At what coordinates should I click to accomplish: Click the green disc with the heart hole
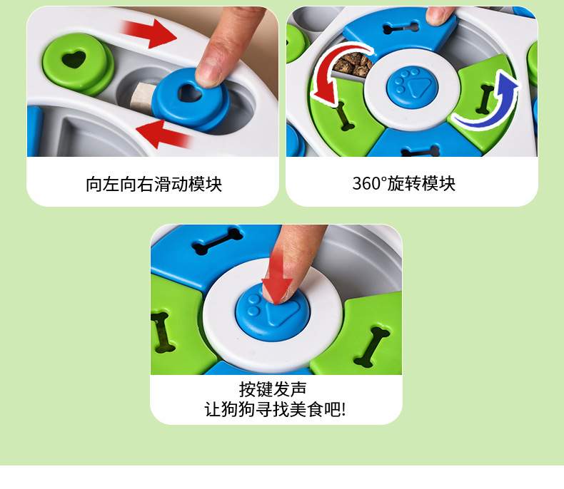(x=77, y=65)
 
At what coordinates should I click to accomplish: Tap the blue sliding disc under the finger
(x=191, y=99)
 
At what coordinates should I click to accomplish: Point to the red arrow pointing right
(x=149, y=33)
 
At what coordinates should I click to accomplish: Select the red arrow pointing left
(x=163, y=133)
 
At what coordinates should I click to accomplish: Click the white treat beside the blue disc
(x=143, y=96)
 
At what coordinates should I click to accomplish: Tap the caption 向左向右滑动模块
(x=153, y=184)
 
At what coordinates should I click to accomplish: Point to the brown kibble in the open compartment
(x=353, y=65)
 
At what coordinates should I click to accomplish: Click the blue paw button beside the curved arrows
(x=412, y=87)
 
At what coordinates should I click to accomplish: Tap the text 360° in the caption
(x=369, y=183)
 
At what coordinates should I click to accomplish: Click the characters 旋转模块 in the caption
(x=421, y=183)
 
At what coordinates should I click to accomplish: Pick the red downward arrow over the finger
(x=276, y=277)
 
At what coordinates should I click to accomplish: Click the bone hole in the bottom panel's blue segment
(x=218, y=241)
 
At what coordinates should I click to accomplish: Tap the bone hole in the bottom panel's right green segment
(x=372, y=346)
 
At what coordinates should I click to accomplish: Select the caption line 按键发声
(x=273, y=389)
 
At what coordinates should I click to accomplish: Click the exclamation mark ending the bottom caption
(x=343, y=410)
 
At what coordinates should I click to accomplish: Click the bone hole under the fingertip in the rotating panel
(x=401, y=28)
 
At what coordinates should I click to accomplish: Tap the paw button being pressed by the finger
(x=273, y=312)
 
